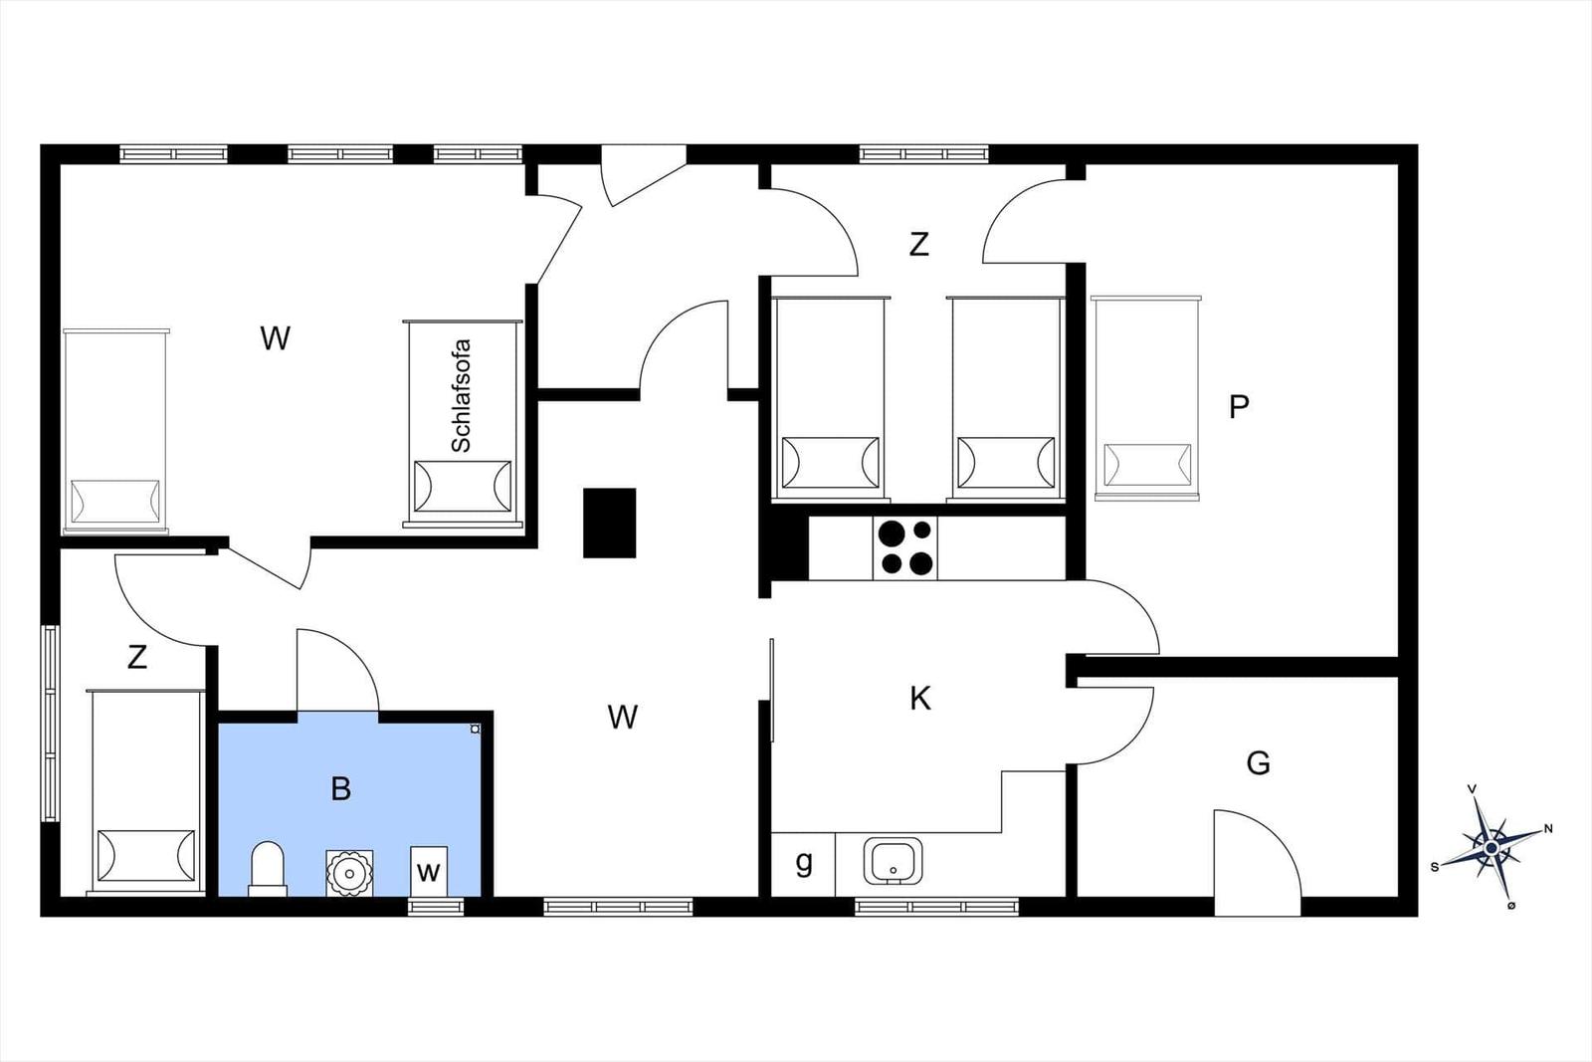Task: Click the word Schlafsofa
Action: tap(462, 396)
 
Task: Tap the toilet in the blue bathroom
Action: tap(268, 869)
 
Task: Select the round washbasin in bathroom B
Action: tap(349, 872)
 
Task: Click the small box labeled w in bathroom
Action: tap(429, 871)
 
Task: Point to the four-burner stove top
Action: tap(904, 547)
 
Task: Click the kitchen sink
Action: tap(894, 861)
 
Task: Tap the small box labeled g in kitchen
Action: tap(803, 864)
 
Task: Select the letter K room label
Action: tap(920, 699)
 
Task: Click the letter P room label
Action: tap(1239, 407)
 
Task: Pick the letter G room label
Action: tap(1258, 763)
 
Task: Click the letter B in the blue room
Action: tap(341, 788)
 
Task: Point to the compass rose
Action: tap(1492, 847)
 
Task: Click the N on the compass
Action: tap(1548, 828)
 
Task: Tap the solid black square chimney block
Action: tap(609, 523)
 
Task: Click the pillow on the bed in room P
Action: tap(1147, 466)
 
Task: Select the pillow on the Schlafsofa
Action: tap(463, 487)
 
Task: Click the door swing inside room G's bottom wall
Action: tap(1258, 853)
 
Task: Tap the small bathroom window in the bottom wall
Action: tap(436, 907)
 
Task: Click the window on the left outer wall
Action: tap(50, 723)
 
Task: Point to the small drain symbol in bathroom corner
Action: tap(475, 729)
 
